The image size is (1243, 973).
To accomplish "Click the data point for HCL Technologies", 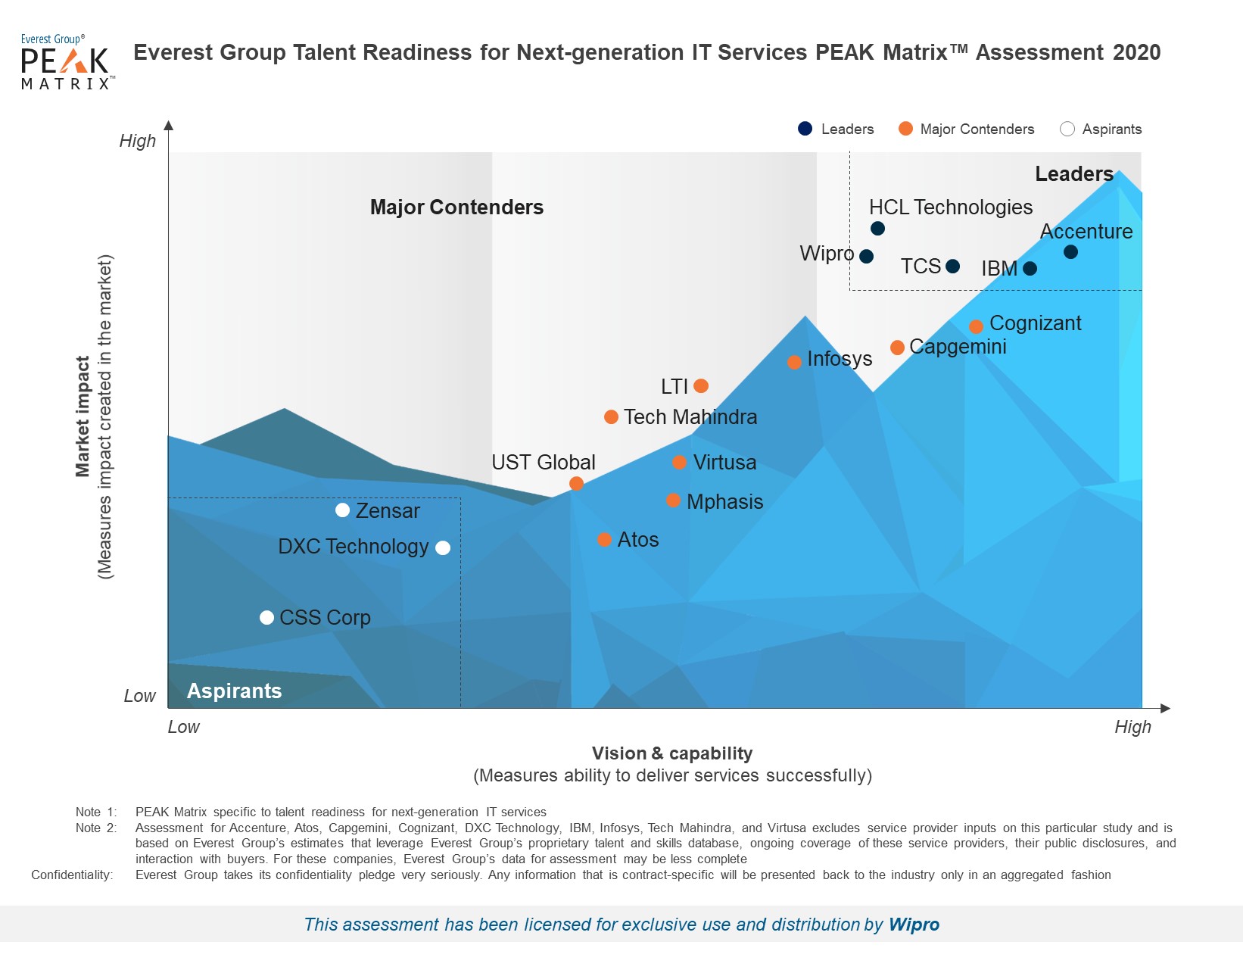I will (x=877, y=229).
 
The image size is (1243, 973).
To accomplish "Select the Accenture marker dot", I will (x=1070, y=252).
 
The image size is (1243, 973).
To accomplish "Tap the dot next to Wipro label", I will (x=867, y=257).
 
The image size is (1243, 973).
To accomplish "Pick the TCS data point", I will (x=953, y=267).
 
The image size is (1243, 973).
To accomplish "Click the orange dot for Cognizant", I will (x=977, y=326).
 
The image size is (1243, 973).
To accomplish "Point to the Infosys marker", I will (x=794, y=362).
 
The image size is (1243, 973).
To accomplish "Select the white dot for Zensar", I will (x=343, y=510).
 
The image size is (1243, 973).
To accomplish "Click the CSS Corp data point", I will (x=266, y=618).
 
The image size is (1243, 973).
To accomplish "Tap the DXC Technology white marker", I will (x=443, y=547).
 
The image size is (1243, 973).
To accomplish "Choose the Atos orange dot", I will (x=604, y=540).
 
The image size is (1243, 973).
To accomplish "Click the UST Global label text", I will (x=543, y=463).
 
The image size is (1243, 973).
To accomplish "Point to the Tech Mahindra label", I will (x=690, y=417).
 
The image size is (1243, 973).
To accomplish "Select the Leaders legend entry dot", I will (x=805, y=129).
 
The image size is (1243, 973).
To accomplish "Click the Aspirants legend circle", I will (x=1067, y=129).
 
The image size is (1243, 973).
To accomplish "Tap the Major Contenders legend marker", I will (x=905, y=129).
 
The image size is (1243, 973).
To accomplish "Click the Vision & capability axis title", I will (x=671, y=753).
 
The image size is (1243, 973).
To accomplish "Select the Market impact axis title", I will (x=83, y=416).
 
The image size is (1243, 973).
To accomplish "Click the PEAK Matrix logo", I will (x=66, y=62).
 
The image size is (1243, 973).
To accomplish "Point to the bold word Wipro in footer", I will (x=914, y=925).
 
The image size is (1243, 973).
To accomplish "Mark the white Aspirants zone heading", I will (x=234, y=691).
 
